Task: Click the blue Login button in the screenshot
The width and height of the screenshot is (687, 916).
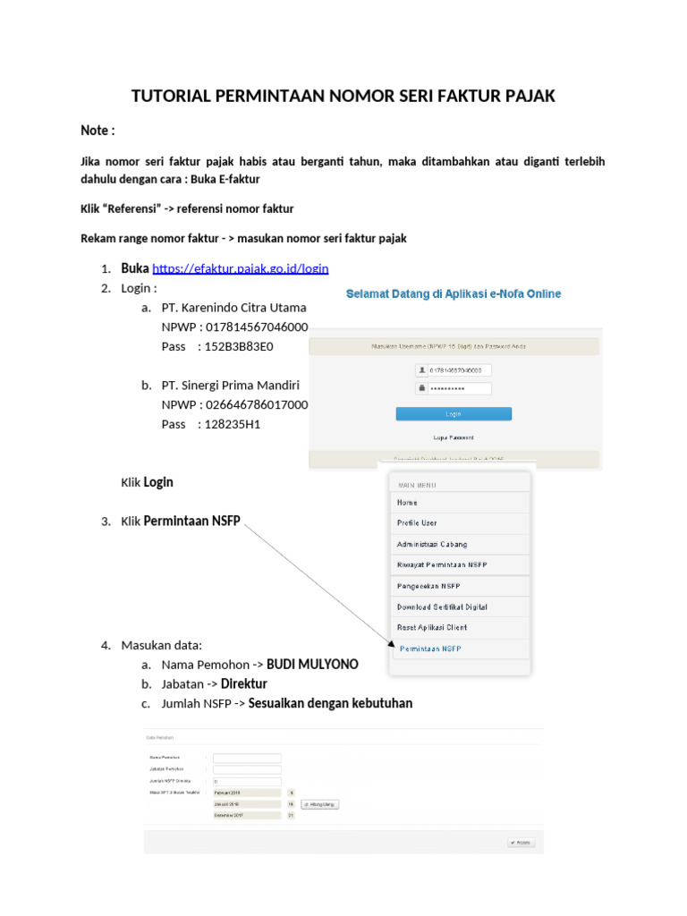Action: click(454, 413)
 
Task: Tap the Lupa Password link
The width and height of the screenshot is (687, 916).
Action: click(454, 437)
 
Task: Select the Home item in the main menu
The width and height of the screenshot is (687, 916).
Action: click(408, 503)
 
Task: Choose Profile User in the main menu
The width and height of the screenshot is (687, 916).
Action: click(417, 523)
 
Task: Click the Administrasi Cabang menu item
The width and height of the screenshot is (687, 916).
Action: click(432, 544)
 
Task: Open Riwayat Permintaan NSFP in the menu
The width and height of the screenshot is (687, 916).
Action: click(442, 564)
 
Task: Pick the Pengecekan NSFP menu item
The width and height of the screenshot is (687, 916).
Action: click(428, 586)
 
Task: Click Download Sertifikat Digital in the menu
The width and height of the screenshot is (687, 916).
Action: click(442, 606)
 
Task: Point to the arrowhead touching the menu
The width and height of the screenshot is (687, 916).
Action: click(391, 644)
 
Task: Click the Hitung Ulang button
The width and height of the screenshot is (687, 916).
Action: click(320, 804)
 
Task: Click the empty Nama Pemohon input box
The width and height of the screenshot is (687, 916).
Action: click(247, 758)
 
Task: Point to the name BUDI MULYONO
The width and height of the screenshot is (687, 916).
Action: click(312, 665)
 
